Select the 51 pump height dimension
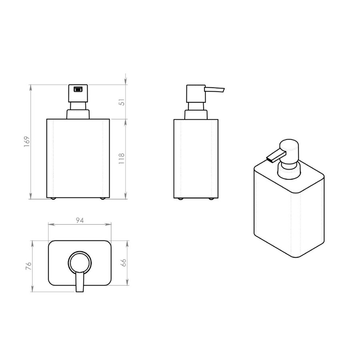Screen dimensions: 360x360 pyautogui.click(x=122, y=102)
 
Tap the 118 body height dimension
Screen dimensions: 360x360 pyautogui.click(x=122, y=158)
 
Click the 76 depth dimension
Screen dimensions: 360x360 pyautogui.click(x=28, y=266)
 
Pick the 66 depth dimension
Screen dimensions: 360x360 pyautogui.click(x=124, y=263)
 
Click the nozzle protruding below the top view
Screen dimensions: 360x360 pyautogui.click(x=79, y=284)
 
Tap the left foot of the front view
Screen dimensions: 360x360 pyautogui.click(x=53, y=198)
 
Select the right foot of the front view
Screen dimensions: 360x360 pyautogui.click(x=103, y=198)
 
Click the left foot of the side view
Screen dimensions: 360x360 pyautogui.click(x=180, y=198)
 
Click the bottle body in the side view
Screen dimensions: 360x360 pyautogui.click(x=196, y=158)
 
